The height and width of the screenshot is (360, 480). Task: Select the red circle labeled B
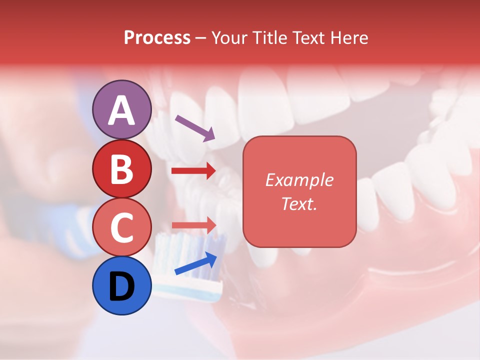click(x=121, y=169)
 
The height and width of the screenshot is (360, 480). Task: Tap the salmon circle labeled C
click(x=121, y=227)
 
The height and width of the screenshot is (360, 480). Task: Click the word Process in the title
click(x=157, y=37)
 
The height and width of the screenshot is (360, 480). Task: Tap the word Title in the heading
click(x=270, y=37)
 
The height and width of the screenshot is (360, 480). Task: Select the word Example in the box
click(x=299, y=180)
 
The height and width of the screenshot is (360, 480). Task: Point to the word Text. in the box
click(x=299, y=203)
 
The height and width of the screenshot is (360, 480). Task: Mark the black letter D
click(x=121, y=287)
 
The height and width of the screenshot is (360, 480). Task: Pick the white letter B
click(x=121, y=169)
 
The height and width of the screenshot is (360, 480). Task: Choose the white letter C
click(x=121, y=227)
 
